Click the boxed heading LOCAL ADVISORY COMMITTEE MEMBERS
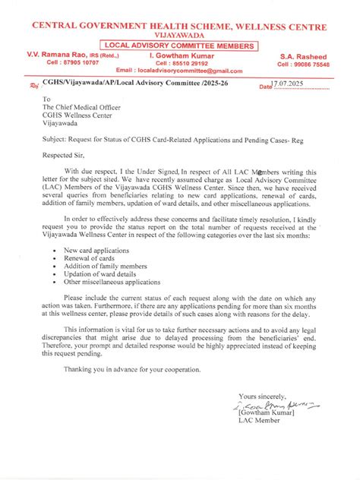180,46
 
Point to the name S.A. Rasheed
303,56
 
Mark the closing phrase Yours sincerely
262,396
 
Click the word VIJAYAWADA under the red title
179,36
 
